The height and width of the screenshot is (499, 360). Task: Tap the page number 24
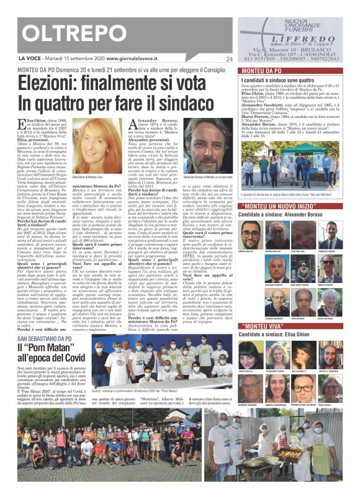229,59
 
